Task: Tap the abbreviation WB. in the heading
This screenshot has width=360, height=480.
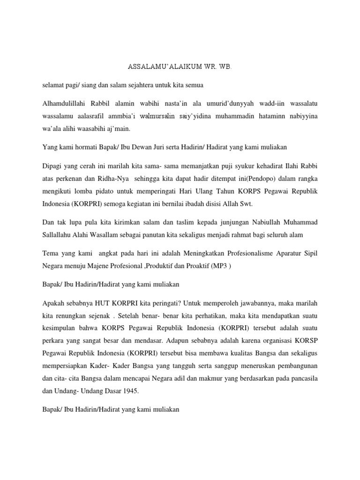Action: point(225,67)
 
